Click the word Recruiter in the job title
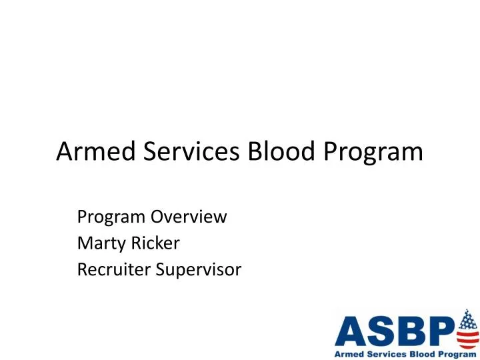coord(111,270)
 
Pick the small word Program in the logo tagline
coord(453,353)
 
